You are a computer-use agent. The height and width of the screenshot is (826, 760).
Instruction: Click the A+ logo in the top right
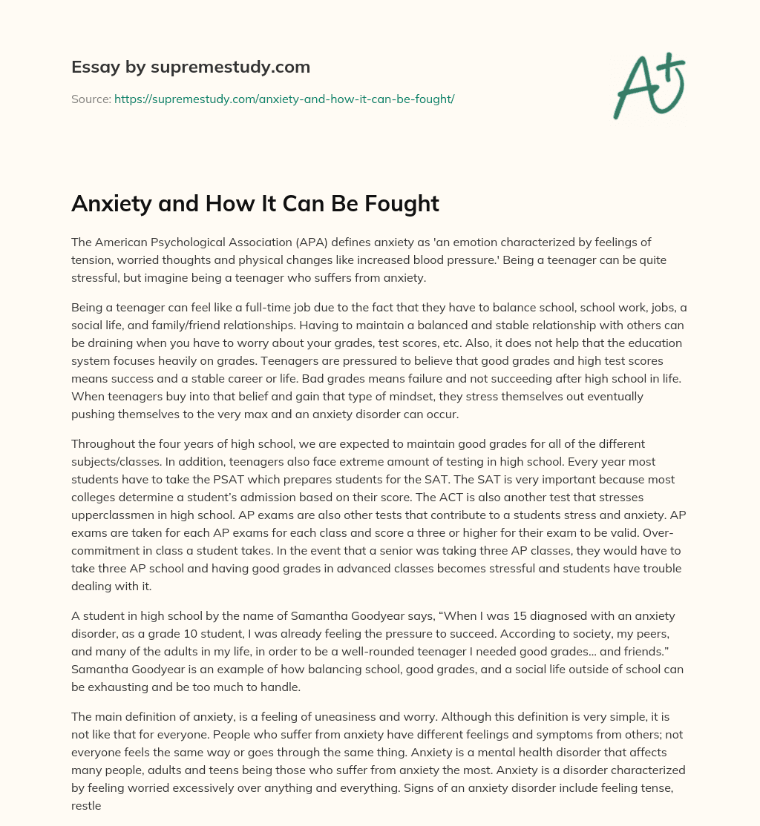click(x=648, y=86)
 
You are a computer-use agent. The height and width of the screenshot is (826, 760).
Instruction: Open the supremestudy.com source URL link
click(x=284, y=99)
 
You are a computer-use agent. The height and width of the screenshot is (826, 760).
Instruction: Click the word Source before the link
click(x=91, y=99)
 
